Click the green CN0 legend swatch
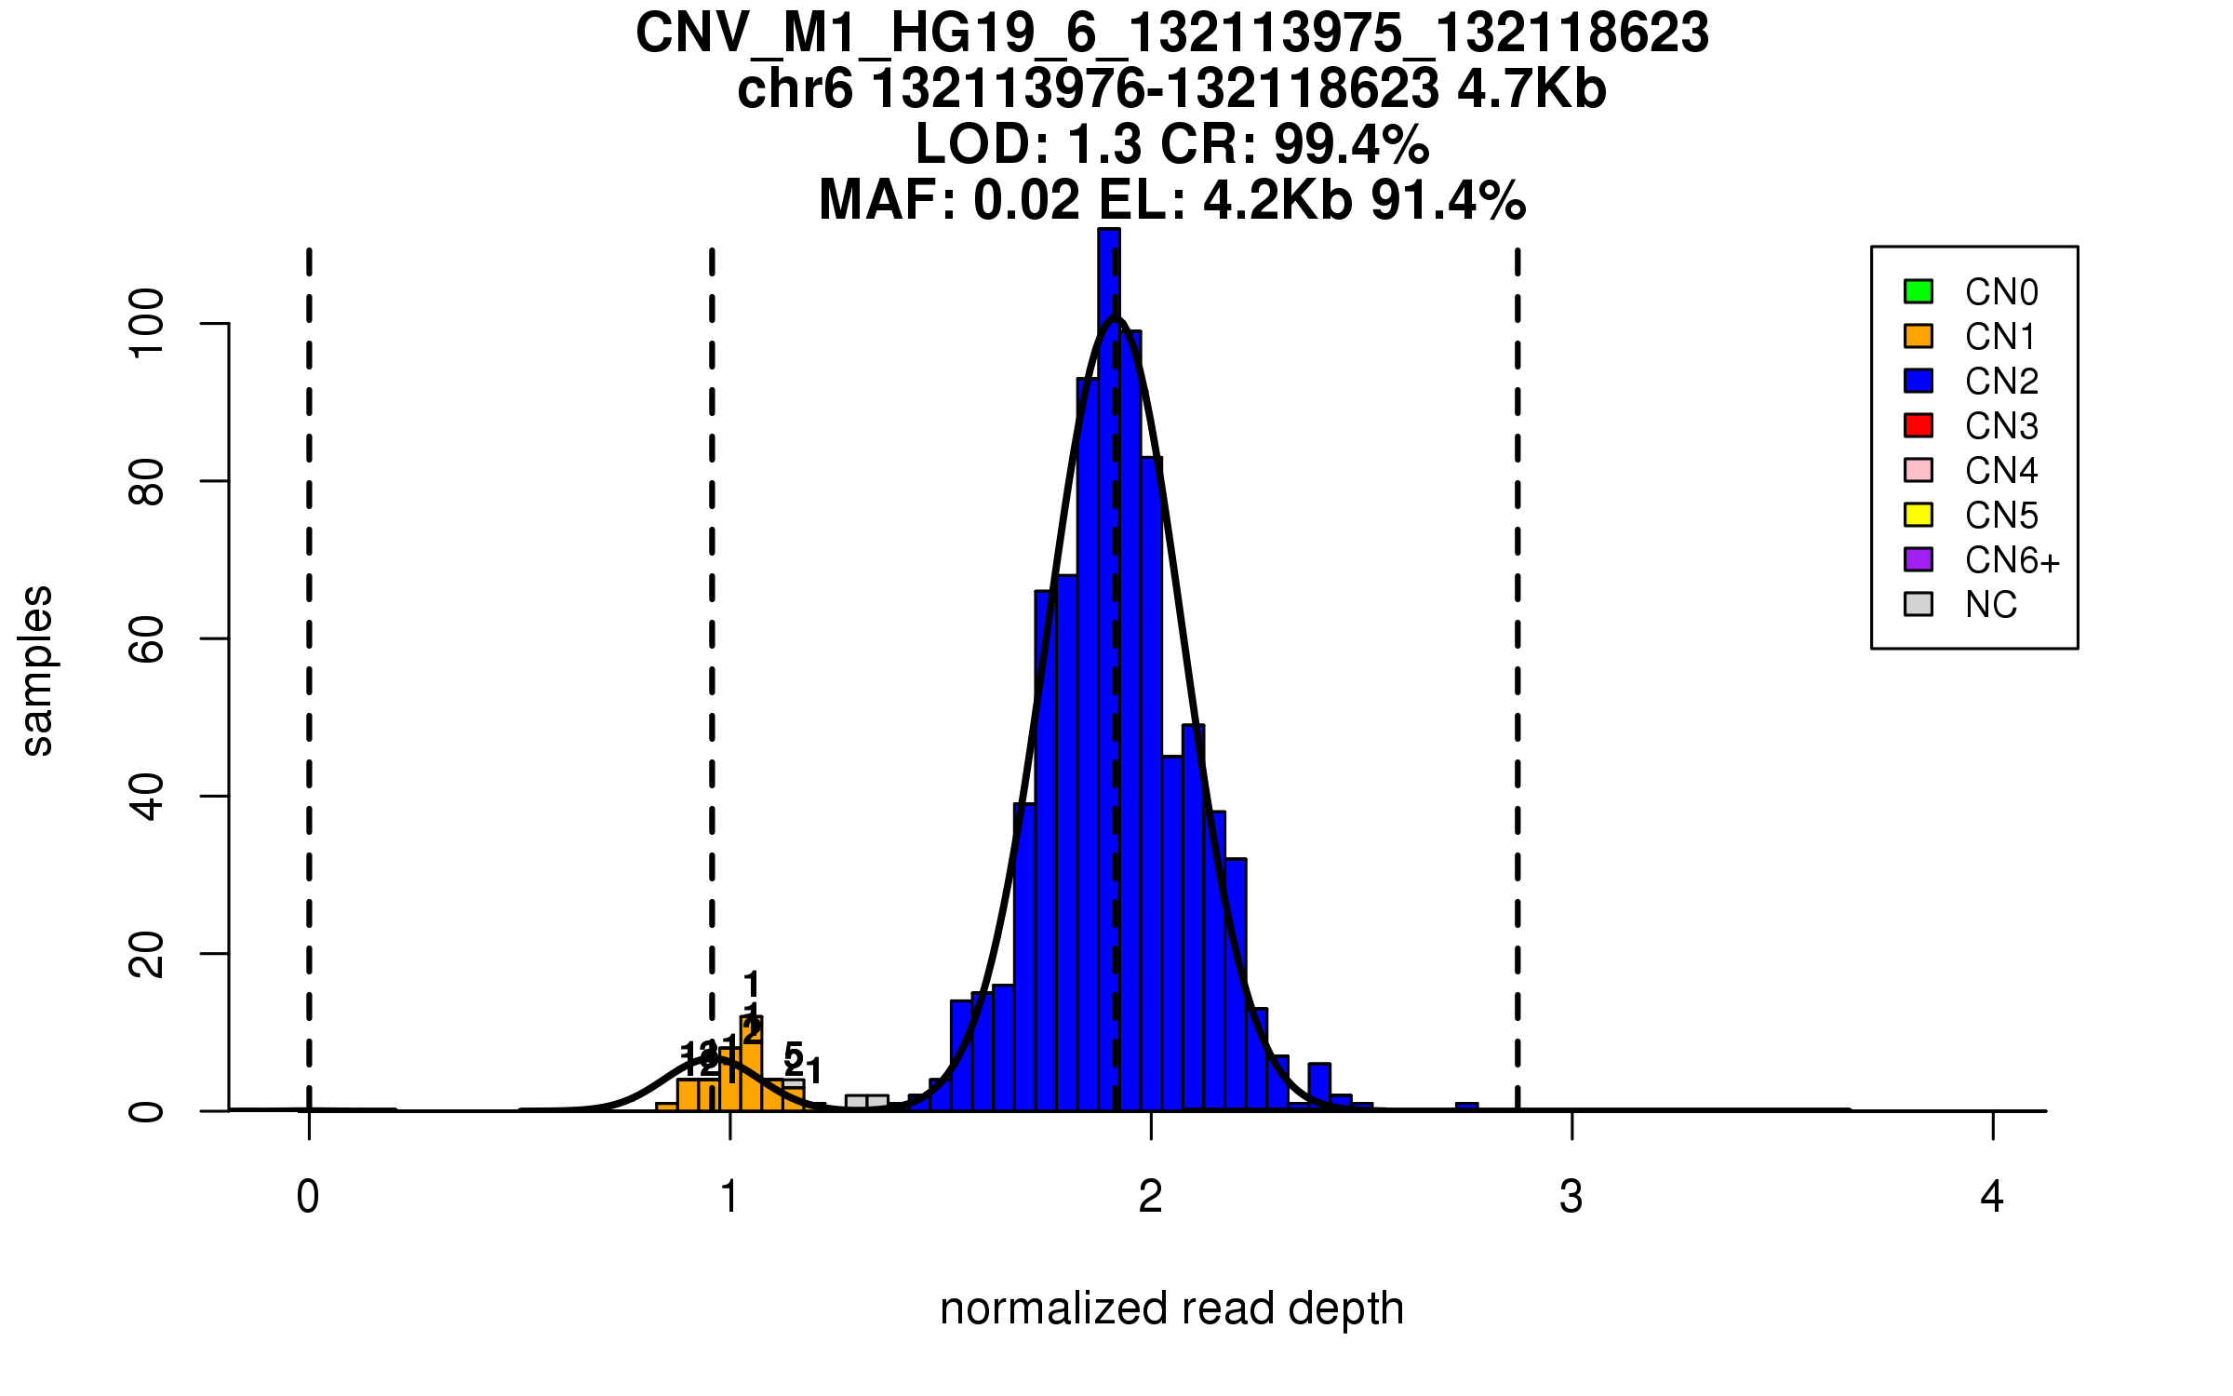pos(1919,291)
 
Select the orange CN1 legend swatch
pos(1919,336)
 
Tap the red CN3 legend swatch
pos(1919,425)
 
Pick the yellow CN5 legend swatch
pos(1919,515)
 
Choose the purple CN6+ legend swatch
pos(1919,559)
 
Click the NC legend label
pos(1990,605)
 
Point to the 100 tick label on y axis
pos(147,323)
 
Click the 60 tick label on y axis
pos(147,638)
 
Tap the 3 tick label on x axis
pos(1571,1197)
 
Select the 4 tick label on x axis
pos(1992,1197)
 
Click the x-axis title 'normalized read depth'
pos(1171,1309)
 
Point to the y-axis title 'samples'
pos(37,670)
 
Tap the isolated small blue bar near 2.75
pos(1466,1107)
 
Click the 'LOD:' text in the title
pos(983,144)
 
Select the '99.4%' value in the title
pos(1351,144)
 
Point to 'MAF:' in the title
pos(887,200)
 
